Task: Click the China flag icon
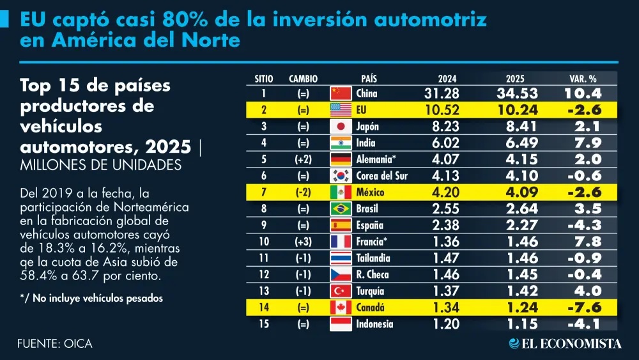(x=341, y=93)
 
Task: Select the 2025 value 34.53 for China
(x=517, y=93)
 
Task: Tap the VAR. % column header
(x=583, y=79)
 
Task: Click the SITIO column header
(x=264, y=79)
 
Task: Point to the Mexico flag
(x=341, y=192)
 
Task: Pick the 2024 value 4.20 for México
(x=445, y=192)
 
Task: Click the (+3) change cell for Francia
(x=303, y=242)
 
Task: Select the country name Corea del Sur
(x=382, y=176)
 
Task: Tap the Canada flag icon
(x=341, y=308)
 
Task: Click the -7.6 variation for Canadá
(x=585, y=308)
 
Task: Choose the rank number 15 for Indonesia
(x=264, y=324)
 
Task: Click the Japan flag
(x=341, y=127)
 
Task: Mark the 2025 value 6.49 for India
(x=521, y=143)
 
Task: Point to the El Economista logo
(x=566, y=343)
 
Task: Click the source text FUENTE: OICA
(x=55, y=343)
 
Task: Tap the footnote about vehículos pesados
(x=91, y=298)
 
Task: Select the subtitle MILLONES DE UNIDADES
(x=101, y=165)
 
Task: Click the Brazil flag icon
(x=341, y=208)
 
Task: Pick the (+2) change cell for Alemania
(x=303, y=159)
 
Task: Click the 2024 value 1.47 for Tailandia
(x=446, y=258)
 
